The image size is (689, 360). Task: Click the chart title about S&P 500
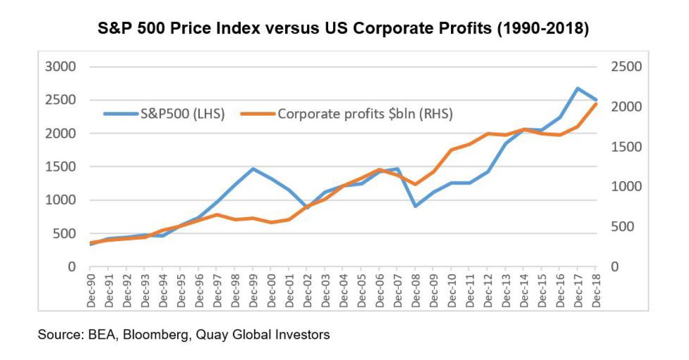343,29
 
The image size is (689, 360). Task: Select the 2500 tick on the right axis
627,67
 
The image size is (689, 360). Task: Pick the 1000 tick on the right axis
627,187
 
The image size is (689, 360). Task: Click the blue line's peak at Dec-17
578,89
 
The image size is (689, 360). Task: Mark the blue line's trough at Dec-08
415,206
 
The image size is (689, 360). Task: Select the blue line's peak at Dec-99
253,169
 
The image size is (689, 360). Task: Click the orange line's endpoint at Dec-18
596,104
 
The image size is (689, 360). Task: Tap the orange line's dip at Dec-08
415,185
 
